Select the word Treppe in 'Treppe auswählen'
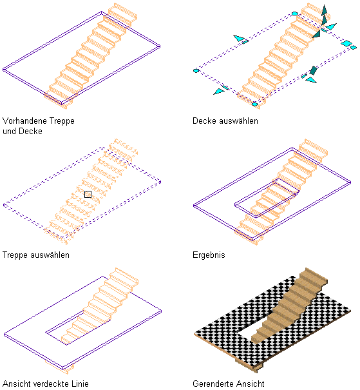[x=15, y=255]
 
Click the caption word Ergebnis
[x=209, y=255]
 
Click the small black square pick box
[x=88, y=194]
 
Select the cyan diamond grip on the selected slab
[x=346, y=43]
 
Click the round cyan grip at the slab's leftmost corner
[x=196, y=71]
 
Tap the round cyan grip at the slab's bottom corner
[x=255, y=104]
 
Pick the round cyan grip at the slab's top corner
[x=295, y=14]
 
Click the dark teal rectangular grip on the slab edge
[x=313, y=70]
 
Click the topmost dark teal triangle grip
[x=324, y=10]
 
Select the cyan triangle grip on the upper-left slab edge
[x=238, y=38]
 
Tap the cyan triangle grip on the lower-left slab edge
[x=218, y=92]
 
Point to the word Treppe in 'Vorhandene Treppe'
[x=62, y=121]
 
